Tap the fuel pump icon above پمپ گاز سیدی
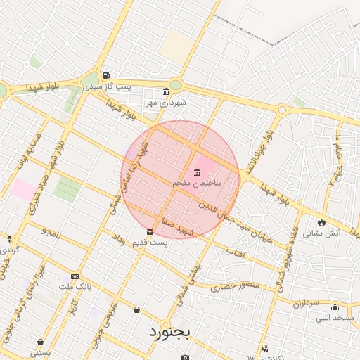(x=105, y=76)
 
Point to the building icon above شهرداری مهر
(x=165, y=92)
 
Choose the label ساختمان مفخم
(x=197, y=183)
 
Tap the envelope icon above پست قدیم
(x=150, y=232)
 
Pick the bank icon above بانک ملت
(x=75, y=277)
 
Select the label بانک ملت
(x=75, y=288)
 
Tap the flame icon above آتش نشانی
(x=322, y=222)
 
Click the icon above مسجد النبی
(x=335, y=307)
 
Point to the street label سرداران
(x=306, y=303)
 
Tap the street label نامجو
(x=51, y=231)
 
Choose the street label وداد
(x=118, y=240)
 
